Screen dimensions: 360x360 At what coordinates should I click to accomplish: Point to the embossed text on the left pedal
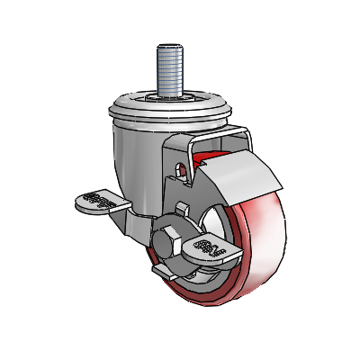coord(99,201)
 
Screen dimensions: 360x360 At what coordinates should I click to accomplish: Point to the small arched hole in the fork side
coord(183,169)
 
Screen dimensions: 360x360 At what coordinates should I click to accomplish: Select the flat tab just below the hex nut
coord(167,270)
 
